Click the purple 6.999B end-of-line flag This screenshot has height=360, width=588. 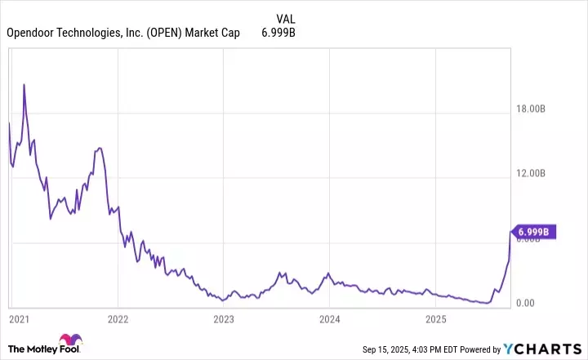(x=535, y=232)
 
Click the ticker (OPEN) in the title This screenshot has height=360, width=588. (x=167, y=33)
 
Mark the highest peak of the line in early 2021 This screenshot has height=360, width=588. (x=24, y=84)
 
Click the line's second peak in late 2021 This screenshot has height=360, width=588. (x=99, y=148)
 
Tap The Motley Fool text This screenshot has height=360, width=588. (x=31, y=349)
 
